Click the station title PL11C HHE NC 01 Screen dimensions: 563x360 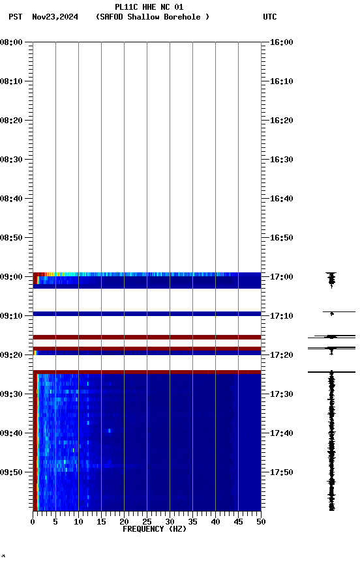pos(149,7)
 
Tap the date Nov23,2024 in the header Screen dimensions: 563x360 pos(55,17)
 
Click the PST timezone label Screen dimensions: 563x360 pos(15,17)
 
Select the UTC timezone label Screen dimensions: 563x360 pos(269,17)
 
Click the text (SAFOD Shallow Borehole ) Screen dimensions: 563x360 pos(153,17)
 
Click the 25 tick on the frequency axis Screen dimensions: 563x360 pos(147,521)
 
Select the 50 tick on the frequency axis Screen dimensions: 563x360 pos(261,521)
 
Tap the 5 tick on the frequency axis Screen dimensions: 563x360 pos(55,521)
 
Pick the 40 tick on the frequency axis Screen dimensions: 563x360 pos(215,521)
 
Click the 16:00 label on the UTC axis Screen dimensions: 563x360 pos(281,42)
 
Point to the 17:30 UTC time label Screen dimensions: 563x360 pos(281,394)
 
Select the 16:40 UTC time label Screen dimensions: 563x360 pos(281,199)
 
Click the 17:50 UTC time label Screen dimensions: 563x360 pos(281,472)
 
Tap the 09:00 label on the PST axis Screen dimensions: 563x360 pos(12,277)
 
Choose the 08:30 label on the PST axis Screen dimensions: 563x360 pos(12,160)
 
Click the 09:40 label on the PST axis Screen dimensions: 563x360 pos(12,433)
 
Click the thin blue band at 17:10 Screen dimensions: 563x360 pos(147,313)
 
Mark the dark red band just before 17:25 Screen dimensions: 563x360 pos(147,372)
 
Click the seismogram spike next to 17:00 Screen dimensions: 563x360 pos(331,279)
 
